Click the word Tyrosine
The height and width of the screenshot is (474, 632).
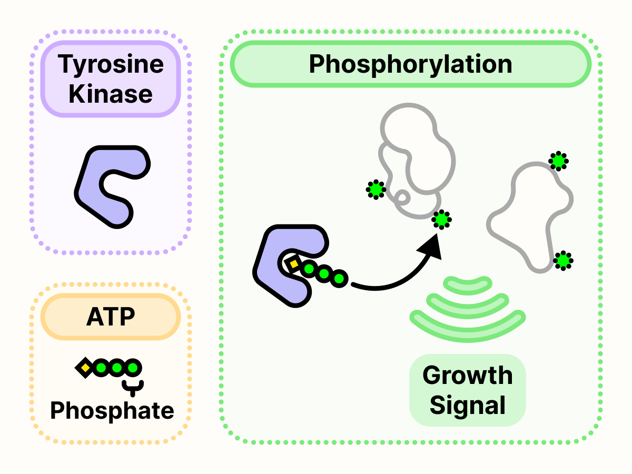[111, 65]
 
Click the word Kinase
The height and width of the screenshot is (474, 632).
[111, 94]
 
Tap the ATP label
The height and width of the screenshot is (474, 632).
[111, 317]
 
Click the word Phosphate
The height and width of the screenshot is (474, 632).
[112, 410]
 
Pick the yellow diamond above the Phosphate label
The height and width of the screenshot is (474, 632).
[85, 367]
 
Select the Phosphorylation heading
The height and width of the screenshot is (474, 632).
[410, 64]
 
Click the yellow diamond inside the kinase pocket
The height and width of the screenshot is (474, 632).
[293, 263]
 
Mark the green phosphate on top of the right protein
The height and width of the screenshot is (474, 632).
[558, 161]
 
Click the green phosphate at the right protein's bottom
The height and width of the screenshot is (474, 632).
[563, 260]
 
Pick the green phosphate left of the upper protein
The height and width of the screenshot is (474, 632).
[376, 189]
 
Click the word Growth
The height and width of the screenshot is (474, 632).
[467, 376]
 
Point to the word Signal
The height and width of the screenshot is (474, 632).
[467, 406]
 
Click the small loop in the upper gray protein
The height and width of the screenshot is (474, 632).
[403, 199]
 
